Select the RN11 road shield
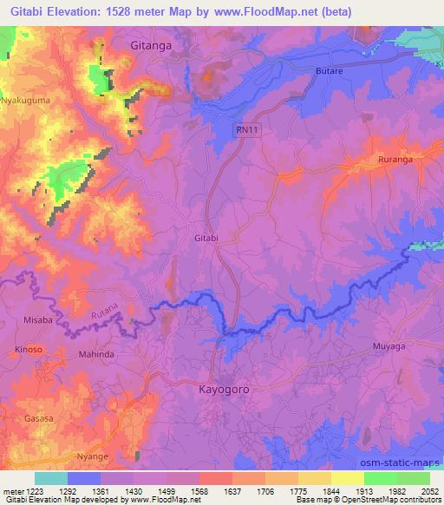(246, 128)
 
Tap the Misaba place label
(26, 319)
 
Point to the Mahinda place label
(96, 355)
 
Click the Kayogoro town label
(225, 390)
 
